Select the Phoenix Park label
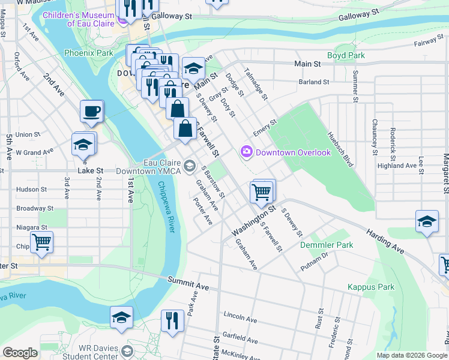click(89, 53)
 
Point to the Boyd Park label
click(346, 56)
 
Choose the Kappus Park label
click(371, 287)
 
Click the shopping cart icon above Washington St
click(262, 192)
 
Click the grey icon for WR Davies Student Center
click(127, 350)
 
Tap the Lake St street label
click(91, 170)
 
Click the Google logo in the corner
click(20, 353)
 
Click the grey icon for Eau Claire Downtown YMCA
click(190, 166)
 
